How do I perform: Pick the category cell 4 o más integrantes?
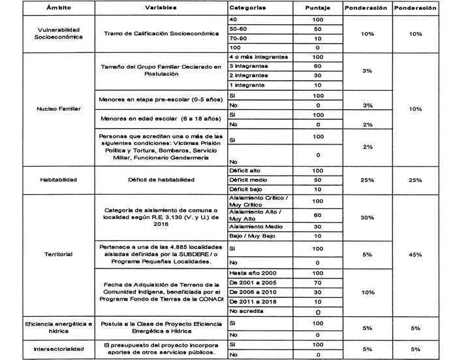pyautogui.click(x=259, y=57)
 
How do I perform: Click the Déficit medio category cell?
pyautogui.click(x=247, y=179)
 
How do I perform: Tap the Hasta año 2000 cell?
pyautogui.click(x=251, y=272)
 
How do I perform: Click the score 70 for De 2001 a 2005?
pyautogui.click(x=317, y=282)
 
